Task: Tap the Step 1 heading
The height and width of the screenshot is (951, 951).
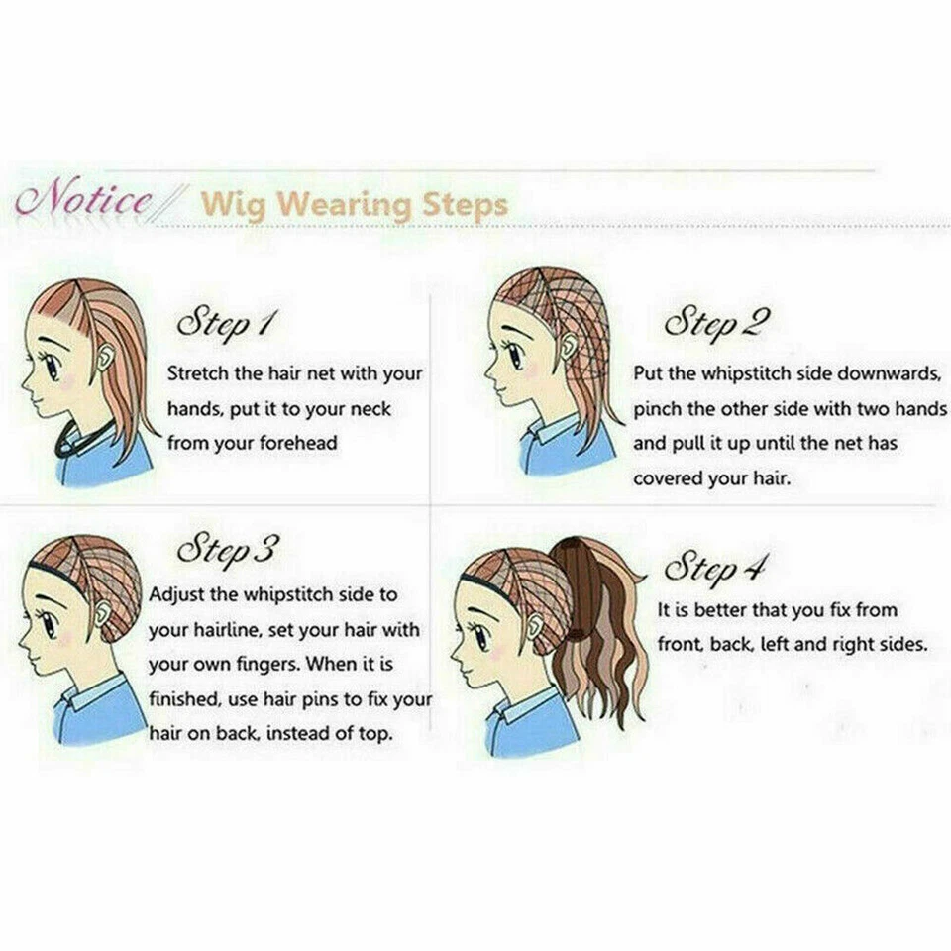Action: click(226, 324)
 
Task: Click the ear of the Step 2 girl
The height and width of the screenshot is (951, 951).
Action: click(569, 348)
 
